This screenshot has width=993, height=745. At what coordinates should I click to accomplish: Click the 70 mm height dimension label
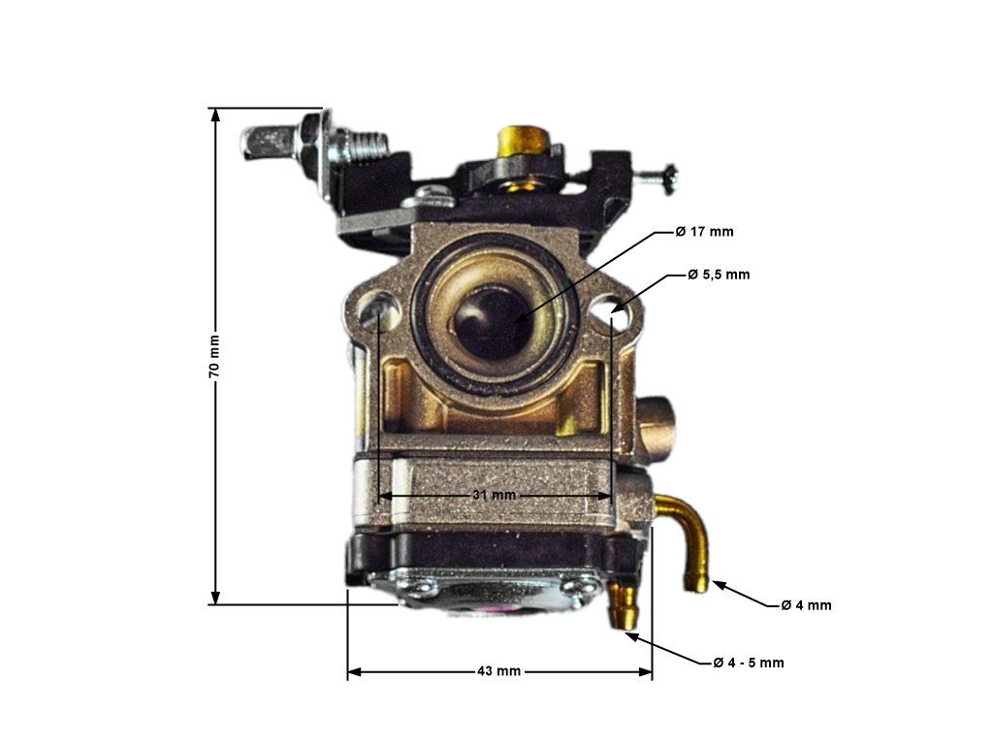point(214,358)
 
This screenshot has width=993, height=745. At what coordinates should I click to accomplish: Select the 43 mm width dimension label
point(499,671)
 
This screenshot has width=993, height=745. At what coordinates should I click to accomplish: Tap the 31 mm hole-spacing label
point(495,495)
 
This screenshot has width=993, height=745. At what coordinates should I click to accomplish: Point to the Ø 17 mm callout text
point(705,232)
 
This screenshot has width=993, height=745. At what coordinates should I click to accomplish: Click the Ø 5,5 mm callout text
point(719,275)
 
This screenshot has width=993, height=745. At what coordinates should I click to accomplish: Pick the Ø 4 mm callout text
point(806,605)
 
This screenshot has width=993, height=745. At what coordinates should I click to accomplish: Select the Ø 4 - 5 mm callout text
point(748,663)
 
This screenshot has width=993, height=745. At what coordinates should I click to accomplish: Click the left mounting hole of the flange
point(378,312)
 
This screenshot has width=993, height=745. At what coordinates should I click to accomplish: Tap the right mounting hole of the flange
point(614,312)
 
